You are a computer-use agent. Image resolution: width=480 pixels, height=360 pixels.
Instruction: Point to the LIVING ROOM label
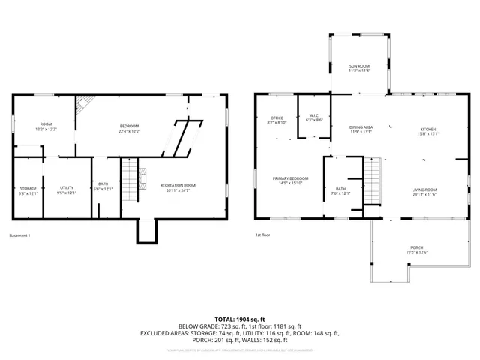tap(424, 192)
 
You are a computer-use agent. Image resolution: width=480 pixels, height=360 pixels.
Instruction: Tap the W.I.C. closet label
tap(315, 118)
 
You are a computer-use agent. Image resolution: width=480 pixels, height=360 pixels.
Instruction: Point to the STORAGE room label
tap(28, 190)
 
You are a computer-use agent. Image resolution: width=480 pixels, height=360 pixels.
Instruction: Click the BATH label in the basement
tap(103, 187)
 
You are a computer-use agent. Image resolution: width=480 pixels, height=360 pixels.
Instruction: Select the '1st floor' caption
tap(263, 235)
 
